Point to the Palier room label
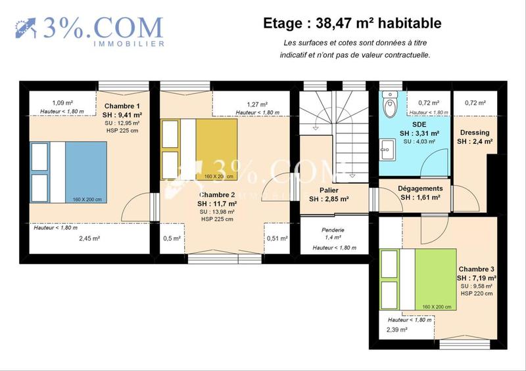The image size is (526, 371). click(x=329, y=190)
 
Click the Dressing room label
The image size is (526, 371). click(x=475, y=133)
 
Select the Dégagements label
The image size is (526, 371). click(x=421, y=188)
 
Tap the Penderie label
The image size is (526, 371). click(x=334, y=230)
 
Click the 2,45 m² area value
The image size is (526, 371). click(x=89, y=238)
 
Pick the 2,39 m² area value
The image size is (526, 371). click(x=397, y=330)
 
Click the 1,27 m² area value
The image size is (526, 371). click(x=257, y=104)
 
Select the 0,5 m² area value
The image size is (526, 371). click(x=172, y=238)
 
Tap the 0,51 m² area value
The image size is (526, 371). click(x=277, y=238)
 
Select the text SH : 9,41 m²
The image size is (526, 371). click(x=123, y=115)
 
